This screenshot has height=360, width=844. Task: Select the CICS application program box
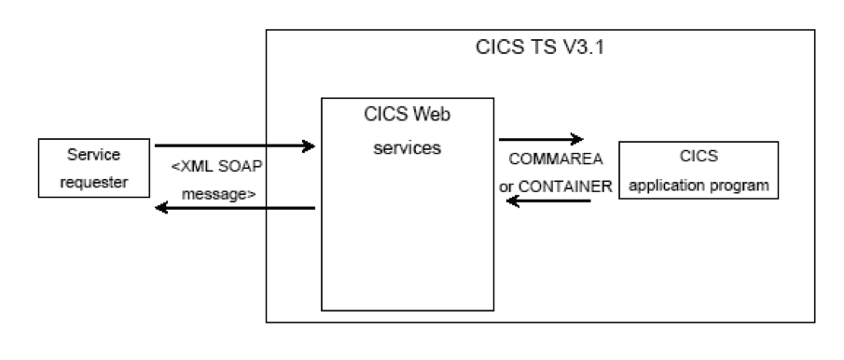pos(699,170)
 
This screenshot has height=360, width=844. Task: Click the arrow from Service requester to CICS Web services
pos(233,145)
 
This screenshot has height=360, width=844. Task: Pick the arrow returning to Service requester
pos(233,208)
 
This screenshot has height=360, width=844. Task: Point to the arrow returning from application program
pos(545,201)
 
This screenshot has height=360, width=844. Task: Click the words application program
pos(699,186)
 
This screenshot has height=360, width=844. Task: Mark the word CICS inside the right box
pos(699,155)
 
